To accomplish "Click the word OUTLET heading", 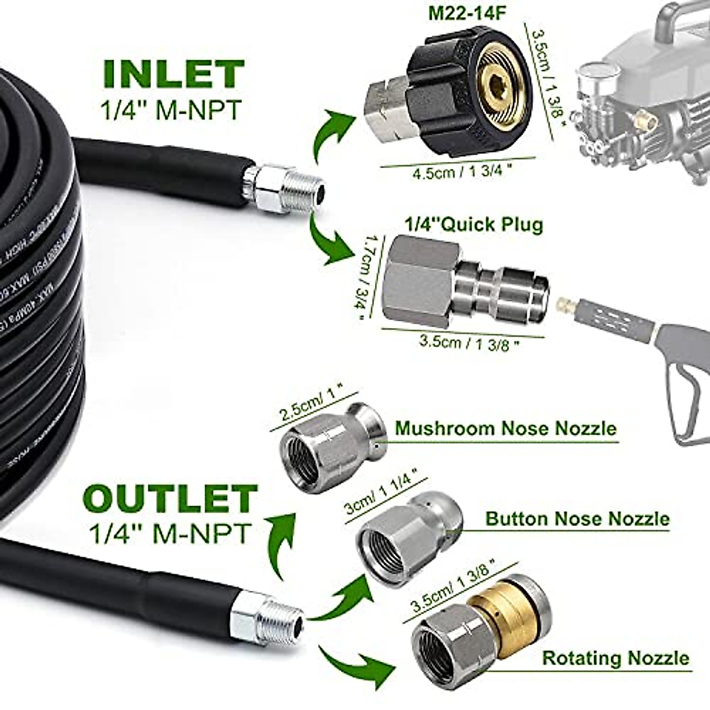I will coord(171,498).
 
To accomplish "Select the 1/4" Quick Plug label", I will coord(474,225).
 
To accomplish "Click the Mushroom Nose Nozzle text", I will coord(505,428).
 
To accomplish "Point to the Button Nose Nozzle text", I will coord(577,519).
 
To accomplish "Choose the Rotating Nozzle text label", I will coord(615,658).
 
